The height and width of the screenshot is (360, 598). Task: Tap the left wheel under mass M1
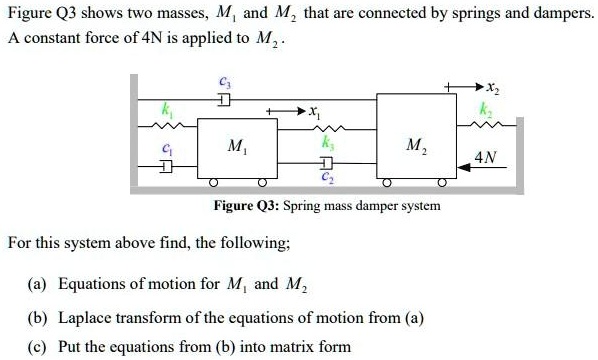213,186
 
